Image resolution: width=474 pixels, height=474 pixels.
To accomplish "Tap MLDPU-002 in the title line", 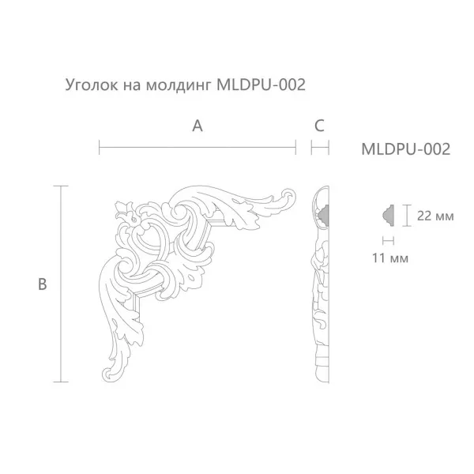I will pos(261,84).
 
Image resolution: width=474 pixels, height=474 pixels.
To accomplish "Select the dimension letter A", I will pos(197,125).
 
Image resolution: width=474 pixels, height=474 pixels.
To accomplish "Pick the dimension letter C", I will pos(319,125).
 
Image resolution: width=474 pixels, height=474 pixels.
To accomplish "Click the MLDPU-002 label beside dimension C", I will pos(405,148).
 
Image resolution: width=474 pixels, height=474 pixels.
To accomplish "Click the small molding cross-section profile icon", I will pos(388,214).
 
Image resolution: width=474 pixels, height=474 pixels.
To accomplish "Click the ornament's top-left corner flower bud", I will pos(122,209).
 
